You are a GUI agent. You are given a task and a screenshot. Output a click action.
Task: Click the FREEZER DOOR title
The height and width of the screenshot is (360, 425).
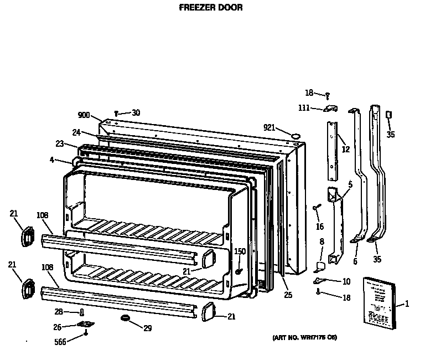(x=211, y=8)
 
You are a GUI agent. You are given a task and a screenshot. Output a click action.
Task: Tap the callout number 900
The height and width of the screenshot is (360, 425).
(x=84, y=115)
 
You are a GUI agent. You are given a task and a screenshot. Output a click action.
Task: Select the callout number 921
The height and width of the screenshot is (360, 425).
(x=269, y=127)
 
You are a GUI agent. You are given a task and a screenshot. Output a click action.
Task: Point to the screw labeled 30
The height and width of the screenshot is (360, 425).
(x=117, y=114)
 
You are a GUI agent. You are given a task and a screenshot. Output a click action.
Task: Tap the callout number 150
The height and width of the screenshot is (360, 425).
(x=240, y=252)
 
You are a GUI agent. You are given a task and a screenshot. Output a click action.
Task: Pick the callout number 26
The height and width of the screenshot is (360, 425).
(x=58, y=327)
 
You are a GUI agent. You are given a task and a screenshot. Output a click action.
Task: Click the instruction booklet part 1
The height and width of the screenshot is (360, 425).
(x=380, y=302)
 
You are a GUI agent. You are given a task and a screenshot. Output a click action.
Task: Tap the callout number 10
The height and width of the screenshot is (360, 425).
(x=346, y=282)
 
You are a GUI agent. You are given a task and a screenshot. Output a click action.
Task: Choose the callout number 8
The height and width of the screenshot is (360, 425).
(x=322, y=241)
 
